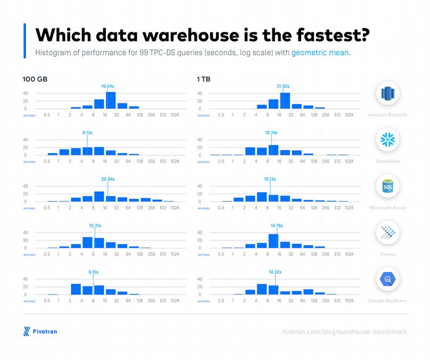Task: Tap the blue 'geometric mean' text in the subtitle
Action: (321, 53)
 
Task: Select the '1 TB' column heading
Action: (204, 79)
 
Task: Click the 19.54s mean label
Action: (108, 86)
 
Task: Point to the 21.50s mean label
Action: (283, 86)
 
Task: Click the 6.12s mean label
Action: (88, 133)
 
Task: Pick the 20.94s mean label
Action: (107, 179)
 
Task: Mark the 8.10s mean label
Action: (93, 272)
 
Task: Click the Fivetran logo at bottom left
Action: (40, 331)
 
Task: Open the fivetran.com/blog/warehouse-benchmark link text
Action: (344, 331)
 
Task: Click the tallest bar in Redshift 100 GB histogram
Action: (110, 101)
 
